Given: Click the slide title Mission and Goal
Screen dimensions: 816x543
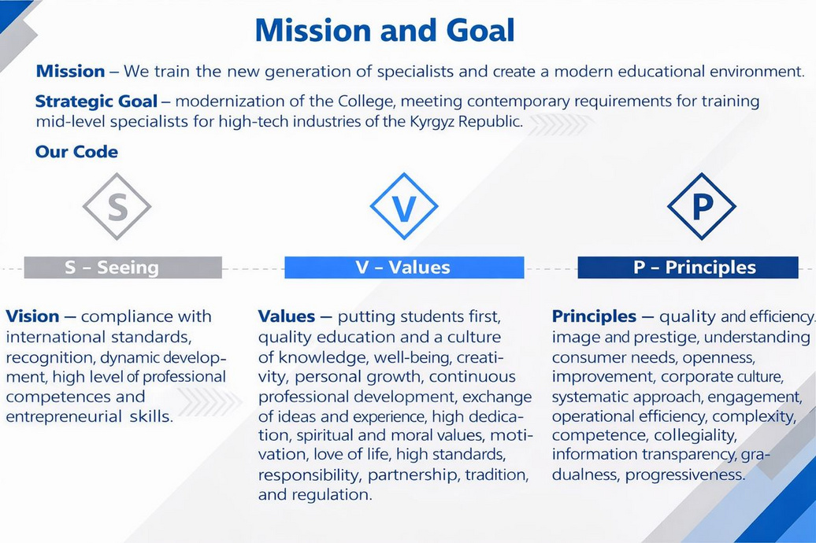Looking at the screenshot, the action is tap(384, 30).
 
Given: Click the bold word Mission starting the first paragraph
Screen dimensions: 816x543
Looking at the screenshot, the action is tap(70, 71).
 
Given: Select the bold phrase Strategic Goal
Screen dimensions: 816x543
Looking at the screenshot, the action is tap(96, 101).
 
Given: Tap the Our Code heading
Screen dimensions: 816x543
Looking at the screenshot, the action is tap(76, 152).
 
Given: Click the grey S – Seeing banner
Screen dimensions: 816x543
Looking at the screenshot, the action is tap(123, 268).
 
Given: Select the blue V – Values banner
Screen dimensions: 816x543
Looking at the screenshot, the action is tap(404, 268).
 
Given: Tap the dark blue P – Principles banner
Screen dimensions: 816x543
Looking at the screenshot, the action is tap(688, 268).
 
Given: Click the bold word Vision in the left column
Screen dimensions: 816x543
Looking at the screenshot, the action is tap(32, 316).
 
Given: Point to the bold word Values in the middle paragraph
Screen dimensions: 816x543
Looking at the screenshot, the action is tap(286, 316).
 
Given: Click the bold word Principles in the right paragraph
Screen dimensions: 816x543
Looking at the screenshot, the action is tap(594, 316).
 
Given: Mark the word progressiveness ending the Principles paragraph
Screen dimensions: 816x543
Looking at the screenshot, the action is tap(685, 475).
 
